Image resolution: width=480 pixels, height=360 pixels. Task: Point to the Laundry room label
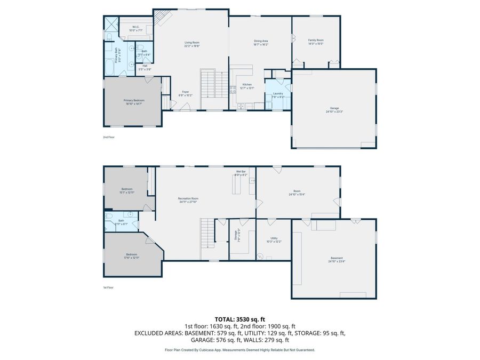pos(278,93)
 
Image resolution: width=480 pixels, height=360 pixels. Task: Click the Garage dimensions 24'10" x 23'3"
pos(334,111)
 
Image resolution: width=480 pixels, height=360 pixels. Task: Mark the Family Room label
pos(316,40)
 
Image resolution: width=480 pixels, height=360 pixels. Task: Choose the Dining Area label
pos(260,41)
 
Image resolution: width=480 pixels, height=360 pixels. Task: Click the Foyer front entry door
pos(185,107)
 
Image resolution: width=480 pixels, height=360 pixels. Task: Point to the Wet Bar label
pos(241,171)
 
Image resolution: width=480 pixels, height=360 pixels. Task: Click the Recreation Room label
pos(188,198)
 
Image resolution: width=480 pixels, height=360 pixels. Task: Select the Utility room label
pos(274,238)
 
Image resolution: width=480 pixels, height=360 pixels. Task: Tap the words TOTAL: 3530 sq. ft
pos(240,319)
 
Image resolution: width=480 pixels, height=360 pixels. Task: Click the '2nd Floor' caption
pos(109,137)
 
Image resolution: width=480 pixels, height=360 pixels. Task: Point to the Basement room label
pos(336,258)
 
